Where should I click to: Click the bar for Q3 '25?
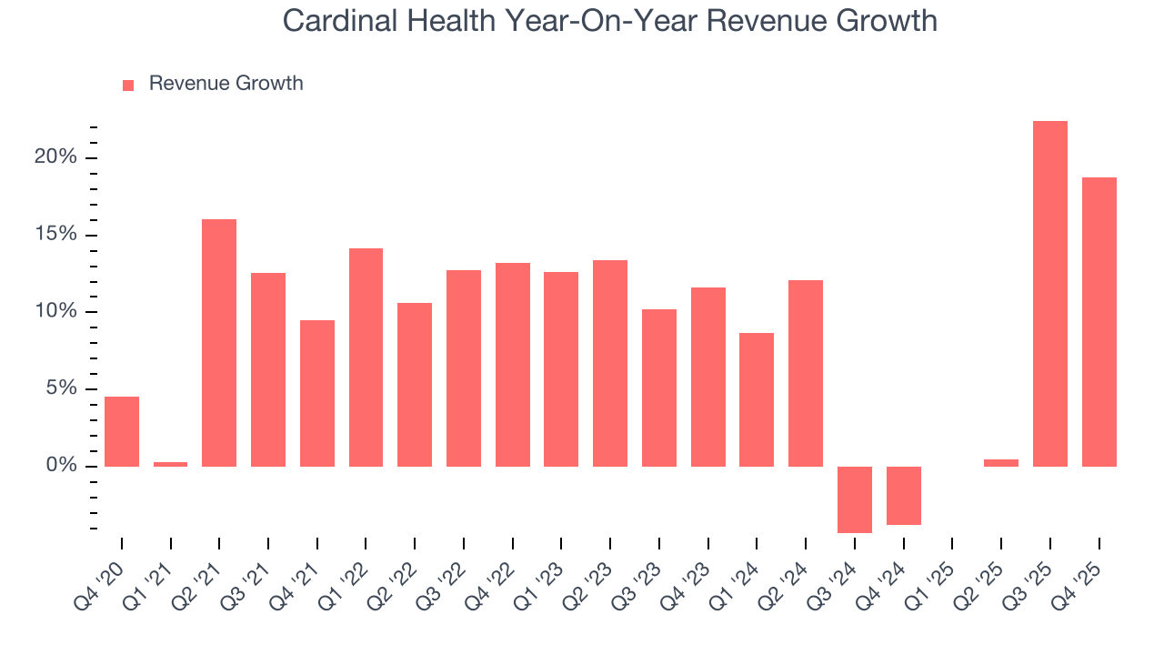pos(1050,293)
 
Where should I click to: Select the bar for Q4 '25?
pos(1099,321)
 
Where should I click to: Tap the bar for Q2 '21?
pos(219,342)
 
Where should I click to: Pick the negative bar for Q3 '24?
pos(854,499)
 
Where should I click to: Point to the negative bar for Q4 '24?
pos(903,495)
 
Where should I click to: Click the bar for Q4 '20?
pos(122,431)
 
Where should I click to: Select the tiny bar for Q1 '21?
pos(170,464)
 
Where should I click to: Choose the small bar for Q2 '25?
pos(1001,463)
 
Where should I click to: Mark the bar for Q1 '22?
pos(366,357)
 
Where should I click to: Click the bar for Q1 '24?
pos(757,399)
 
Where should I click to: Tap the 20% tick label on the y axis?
pos(55,157)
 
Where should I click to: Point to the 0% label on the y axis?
pos(61,466)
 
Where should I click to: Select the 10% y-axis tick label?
pos(55,312)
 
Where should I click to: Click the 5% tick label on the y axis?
pos(61,389)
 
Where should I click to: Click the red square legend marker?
pos(128,85)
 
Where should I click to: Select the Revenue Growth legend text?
pos(226,84)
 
